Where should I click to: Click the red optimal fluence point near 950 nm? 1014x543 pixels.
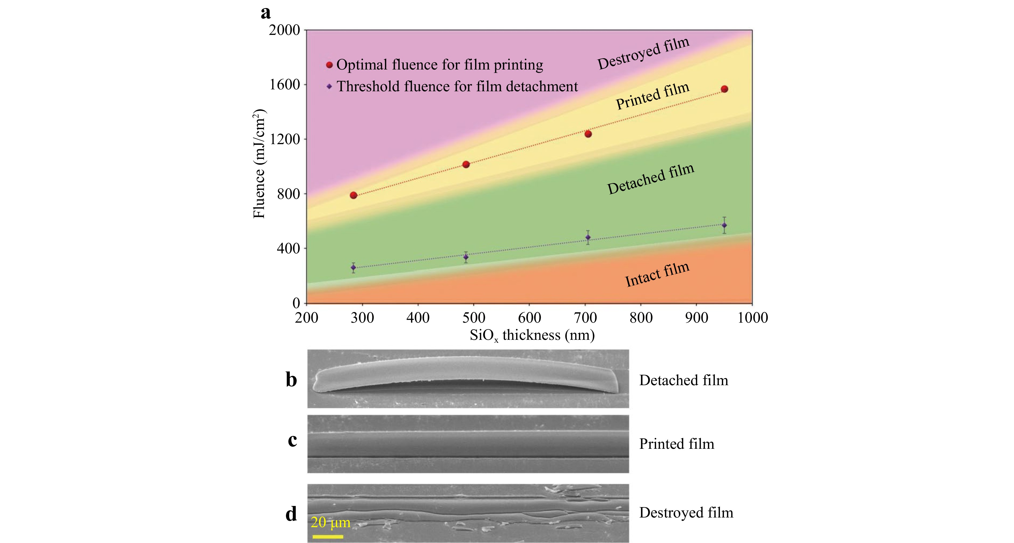pos(724,89)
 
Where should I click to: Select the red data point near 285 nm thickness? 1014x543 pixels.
pos(354,195)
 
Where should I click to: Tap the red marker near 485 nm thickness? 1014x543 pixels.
pos(466,164)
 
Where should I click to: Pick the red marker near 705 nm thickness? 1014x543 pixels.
pos(588,134)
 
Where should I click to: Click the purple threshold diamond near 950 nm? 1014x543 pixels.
pos(724,225)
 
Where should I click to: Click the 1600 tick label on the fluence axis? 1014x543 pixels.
pos(284,85)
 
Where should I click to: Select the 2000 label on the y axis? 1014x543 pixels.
pos(284,30)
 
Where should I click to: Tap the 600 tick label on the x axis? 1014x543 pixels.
pos(530,317)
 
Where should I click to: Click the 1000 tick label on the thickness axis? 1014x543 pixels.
pos(752,317)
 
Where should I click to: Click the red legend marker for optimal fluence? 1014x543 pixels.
pos(329,65)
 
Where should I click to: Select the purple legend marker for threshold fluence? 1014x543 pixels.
pos(329,87)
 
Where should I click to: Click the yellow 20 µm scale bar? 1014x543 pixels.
pos(328,536)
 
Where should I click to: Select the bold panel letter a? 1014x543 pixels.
pos(266,13)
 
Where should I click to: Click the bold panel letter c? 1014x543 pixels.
pos(292,440)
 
